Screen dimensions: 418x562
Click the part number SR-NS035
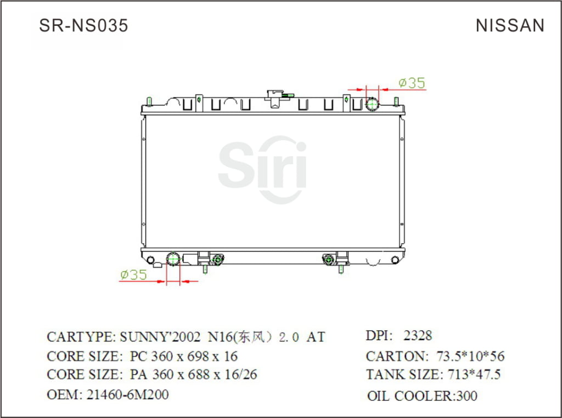pos(83,25)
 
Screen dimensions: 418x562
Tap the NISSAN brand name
pos(510,25)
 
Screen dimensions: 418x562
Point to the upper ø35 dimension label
pos(412,83)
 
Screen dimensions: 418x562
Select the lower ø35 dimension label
pos(133,274)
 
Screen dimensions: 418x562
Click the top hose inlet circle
pos(373,104)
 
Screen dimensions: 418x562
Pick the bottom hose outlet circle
pos(173,259)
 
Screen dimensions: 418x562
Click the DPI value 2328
pos(418,335)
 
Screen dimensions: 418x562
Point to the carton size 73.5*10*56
pos(470,356)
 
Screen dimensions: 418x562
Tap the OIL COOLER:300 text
pos(422,395)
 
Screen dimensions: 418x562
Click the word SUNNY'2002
pos(160,337)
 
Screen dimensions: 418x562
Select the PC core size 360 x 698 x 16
pos(183,356)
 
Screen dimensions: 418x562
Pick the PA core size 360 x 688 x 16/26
pos(193,375)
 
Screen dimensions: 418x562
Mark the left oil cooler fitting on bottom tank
pos(217,259)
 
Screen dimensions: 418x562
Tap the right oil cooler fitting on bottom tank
pos(329,259)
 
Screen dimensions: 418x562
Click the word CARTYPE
pos(80,337)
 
